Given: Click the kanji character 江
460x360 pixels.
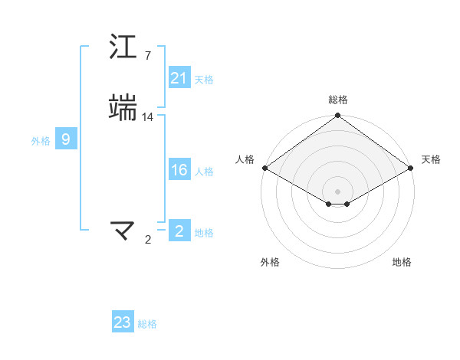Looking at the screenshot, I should click(x=123, y=47).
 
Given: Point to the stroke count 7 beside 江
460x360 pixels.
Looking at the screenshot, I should click(x=147, y=56).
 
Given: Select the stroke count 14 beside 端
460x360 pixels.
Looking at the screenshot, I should click(x=148, y=116).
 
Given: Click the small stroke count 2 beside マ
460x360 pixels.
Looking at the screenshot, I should click(x=148, y=240).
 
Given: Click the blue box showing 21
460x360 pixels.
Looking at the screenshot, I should click(x=179, y=79).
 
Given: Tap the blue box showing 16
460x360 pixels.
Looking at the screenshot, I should click(x=179, y=171).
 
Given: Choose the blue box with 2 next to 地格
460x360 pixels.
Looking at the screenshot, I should click(x=179, y=231).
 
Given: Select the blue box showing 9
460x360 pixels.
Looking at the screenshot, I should click(x=66, y=139).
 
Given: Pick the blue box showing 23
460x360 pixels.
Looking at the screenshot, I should click(x=123, y=322).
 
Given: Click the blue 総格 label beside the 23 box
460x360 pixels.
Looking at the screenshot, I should click(x=148, y=324).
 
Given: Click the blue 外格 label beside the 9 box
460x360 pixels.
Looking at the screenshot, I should click(x=41, y=141).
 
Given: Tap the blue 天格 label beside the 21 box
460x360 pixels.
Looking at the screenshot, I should click(x=204, y=80).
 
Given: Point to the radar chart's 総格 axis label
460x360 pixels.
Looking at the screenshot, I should click(x=338, y=100).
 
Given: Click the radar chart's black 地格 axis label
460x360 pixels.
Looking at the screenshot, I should click(x=402, y=263).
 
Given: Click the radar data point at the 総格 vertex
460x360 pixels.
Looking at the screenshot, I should click(x=338, y=116).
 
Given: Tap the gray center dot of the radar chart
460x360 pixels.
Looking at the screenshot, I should click(x=338, y=191).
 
